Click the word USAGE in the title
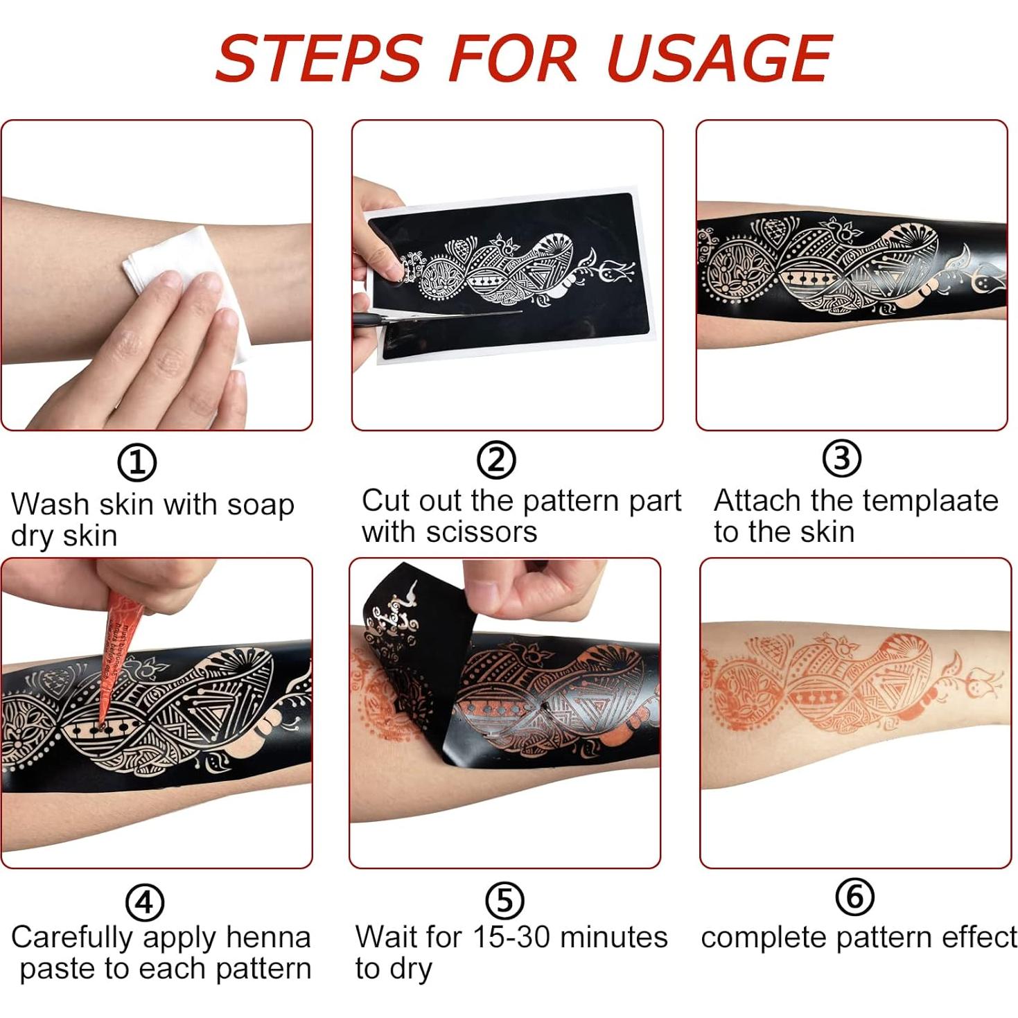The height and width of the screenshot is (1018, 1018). coord(719,58)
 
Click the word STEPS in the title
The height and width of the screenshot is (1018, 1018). coord(318,58)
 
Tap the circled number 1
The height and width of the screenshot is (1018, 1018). coord(137,463)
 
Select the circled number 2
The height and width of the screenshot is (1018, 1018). coord(496,460)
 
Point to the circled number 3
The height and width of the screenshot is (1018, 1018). coord(841,458)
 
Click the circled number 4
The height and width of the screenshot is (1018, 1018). coord(144,902)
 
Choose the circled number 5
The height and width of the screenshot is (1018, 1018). coord(504,900)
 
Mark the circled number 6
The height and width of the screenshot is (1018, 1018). coord(854,897)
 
